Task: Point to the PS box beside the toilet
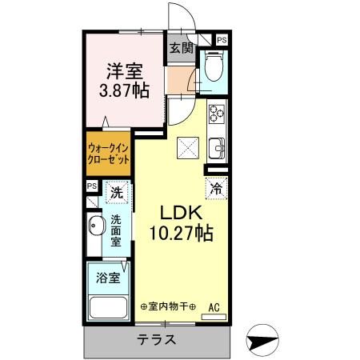coord(222,39)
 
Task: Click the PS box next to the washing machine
coord(92,187)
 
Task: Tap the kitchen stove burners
coord(217,117)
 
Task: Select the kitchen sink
coord(217,149)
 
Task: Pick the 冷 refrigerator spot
coord(215,189)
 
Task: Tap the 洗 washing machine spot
coord(117,192)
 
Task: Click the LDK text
coord(181,214)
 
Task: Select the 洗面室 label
coord(117,231)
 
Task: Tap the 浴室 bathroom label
coord(109,278)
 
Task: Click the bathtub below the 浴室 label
coord(108,308)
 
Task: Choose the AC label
coord(214,306)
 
